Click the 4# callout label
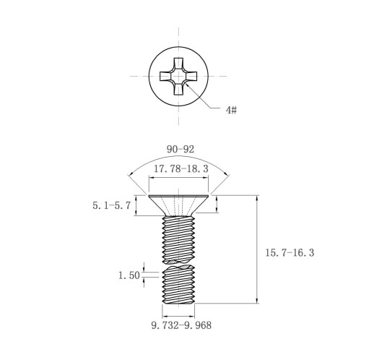click(231, 110)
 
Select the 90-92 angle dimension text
click(181, 150)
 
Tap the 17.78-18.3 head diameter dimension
click(181, 168)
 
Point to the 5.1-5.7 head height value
click(112, 205)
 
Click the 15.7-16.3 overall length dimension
click(290, 253)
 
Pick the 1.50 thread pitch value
click(129, 275)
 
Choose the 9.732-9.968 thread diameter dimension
click(181, 325)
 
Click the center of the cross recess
click(178, 76)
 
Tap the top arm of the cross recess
click(178, 64)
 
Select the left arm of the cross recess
click(165, 76)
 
